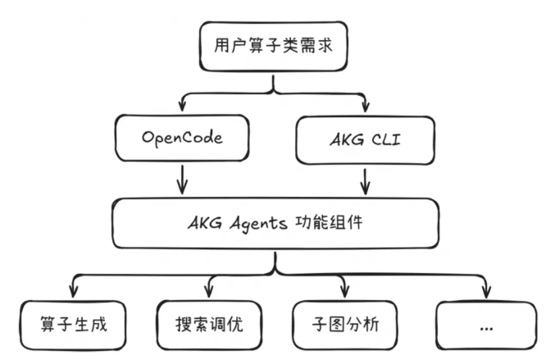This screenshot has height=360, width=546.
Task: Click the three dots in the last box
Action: tap(485, 326)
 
